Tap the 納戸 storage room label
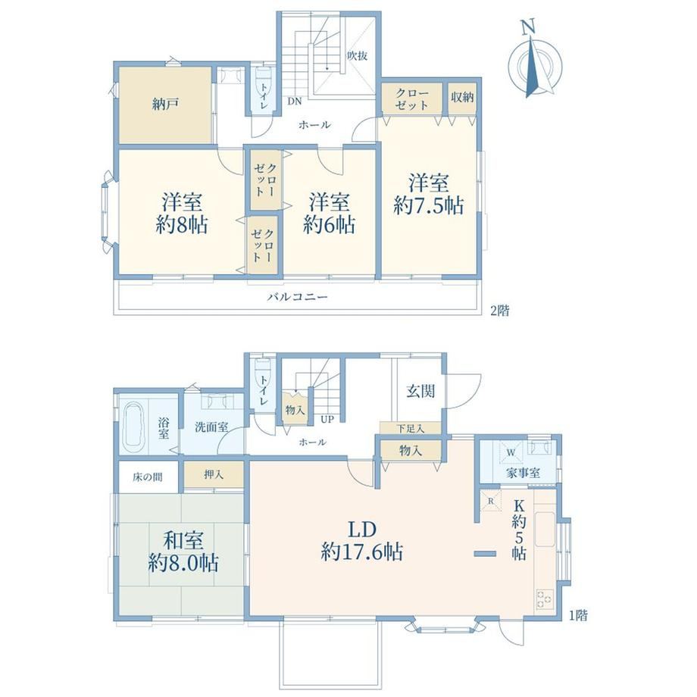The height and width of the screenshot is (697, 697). pos(165,105)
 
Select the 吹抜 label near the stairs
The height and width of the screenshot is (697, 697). pos(357,55)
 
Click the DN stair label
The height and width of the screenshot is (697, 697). pos(294,102)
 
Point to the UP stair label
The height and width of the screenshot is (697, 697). pos(327,419)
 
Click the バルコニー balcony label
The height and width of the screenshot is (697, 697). pos(298,296)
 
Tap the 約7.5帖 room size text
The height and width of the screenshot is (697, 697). pos(429,206)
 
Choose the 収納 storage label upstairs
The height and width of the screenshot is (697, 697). pos(462,97)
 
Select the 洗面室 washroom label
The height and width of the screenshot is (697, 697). pos(211,427)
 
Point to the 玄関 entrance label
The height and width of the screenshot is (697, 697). pos(420,392)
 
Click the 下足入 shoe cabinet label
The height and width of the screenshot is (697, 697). pos(411,429)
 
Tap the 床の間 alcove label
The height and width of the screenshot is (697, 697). pos(148,477)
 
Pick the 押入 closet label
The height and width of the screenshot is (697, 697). pos(214,475)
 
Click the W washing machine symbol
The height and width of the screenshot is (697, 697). pos(511,453)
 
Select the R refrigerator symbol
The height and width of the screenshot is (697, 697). pos(491,501)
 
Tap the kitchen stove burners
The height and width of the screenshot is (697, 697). pos(545,598)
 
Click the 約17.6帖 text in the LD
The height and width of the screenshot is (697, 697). pos(362,552)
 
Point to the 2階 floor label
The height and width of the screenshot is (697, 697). pos(499,311)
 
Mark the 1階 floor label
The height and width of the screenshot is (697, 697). pos(578,615)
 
